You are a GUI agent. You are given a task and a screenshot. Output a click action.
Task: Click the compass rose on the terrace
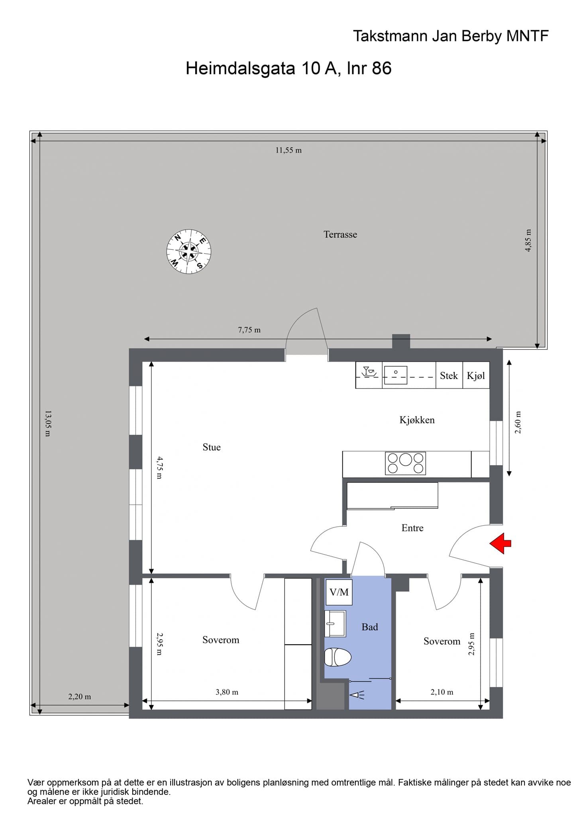[x=188, y=251]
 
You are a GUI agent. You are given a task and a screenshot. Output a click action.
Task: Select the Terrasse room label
[x=340, y=234]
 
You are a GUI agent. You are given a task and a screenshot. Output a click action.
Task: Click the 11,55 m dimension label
[x=288, y=150]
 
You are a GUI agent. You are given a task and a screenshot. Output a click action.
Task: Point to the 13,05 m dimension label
[x=47, y=423]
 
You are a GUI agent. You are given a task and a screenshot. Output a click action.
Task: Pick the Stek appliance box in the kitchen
[x=449, y=375]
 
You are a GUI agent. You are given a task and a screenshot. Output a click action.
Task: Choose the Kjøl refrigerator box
[x=476, y=375]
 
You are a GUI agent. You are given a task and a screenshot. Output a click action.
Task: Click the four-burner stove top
[x=405, y=463]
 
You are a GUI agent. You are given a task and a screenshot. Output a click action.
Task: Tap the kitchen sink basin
[x=395, y=375]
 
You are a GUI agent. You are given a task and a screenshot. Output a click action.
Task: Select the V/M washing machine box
[x=339, y=592]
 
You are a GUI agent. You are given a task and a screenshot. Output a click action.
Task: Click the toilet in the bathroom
[x=338, y=657]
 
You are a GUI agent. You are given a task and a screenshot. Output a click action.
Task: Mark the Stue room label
[x=212, y=447]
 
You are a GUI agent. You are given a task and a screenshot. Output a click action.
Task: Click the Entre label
[x=412, y=528]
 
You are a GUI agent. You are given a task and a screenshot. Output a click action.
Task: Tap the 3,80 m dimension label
[x=227, y=692]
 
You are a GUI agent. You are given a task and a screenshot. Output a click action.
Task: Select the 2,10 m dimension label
[x=442, y=692]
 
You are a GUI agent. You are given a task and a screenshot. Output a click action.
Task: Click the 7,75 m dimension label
[x=249, y=330]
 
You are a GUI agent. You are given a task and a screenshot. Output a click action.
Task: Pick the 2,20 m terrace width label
[x=80, y=696]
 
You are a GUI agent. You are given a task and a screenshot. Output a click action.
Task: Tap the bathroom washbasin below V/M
[x=335, y=624]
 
